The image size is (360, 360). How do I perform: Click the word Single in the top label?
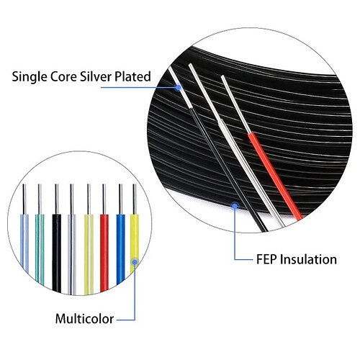(x=29, y=77)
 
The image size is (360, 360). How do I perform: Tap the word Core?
(x=63, y=77)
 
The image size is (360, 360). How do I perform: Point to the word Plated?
(x=132, y=77)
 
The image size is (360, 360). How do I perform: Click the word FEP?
(x=266, y=259)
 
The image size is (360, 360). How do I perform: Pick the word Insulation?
(x=308, y=259)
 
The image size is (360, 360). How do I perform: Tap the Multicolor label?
(x=84, y=319)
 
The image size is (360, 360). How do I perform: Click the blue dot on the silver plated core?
(x=178, y=87)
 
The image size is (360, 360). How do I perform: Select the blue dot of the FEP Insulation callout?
(x=235, y=206)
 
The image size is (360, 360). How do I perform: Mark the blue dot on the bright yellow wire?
(x=135, y=262)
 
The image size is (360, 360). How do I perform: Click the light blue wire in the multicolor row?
(x=24, y=243)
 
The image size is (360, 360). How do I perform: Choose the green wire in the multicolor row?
(x=40, y=248)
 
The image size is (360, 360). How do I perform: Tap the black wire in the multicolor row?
(x=56, y=253)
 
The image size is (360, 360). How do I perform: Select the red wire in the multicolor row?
(x=104, y=252)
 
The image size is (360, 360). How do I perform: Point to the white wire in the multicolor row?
(x=72, y=254)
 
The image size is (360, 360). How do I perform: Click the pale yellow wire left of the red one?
(x=89, y=254)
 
